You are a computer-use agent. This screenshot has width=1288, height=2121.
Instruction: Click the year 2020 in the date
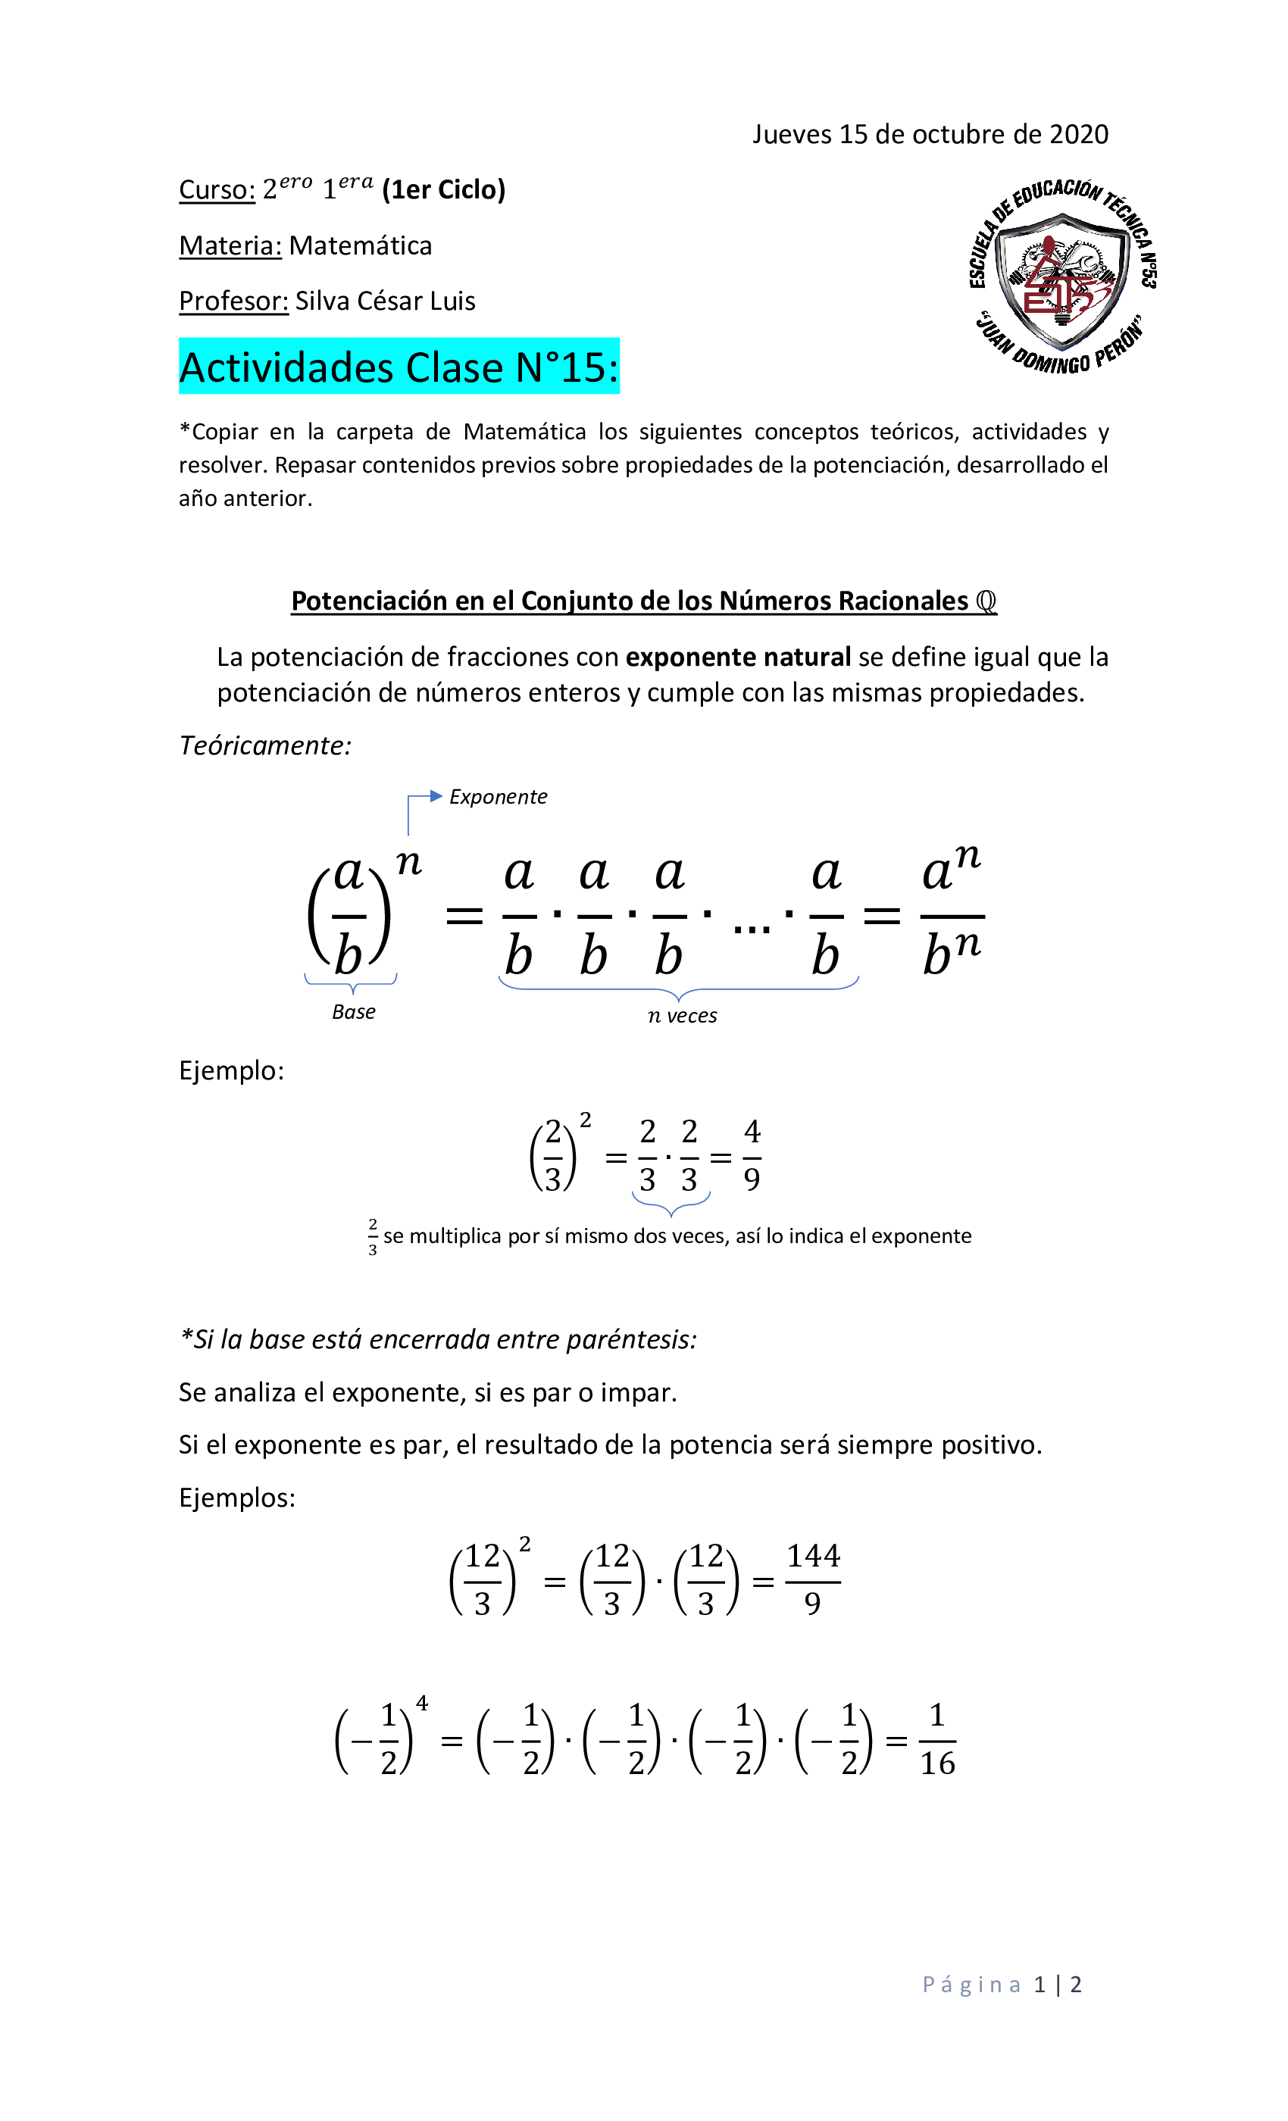pyautogui.click(x=1079, y=134)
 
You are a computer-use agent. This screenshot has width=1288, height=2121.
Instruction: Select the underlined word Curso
pyautogui.click(x=216, y=189)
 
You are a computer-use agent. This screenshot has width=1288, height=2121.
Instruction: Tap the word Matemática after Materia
pyautogui.click(x=360, y=245)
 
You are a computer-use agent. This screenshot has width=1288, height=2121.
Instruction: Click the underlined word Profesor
pyautogui.click(x=233, y=301)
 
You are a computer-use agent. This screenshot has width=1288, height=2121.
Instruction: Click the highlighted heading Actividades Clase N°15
pyautogui.click(x=399, y=367)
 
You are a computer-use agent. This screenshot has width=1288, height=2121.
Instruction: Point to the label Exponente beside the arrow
pyautogui.click(x=498, y=797)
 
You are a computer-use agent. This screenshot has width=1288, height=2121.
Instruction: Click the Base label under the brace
pyautogui.click(x=353, y=1012)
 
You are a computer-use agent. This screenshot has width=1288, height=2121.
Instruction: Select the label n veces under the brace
pyautogui.click(x=682, y=1016)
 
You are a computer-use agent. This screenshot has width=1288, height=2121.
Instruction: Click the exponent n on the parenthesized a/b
pyautogui.click(x=408, y=862)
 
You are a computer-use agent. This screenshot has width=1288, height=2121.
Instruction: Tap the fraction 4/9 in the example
pyautogui.click(x=752, y=1155)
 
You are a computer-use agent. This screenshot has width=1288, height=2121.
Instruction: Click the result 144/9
pyautogui.click(x=812, y=1579)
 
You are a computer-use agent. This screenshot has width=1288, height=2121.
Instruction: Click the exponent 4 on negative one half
pyautogui.click(x=422, y=1703)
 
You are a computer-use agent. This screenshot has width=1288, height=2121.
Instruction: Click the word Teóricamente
pyautogui.click(x=265, y=745)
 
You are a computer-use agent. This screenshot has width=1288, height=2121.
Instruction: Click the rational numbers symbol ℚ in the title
pyautogui.click(x=986, y=601)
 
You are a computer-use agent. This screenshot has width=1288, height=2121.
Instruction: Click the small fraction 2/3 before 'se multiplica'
pyautogui.click(x=373, y=1237)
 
